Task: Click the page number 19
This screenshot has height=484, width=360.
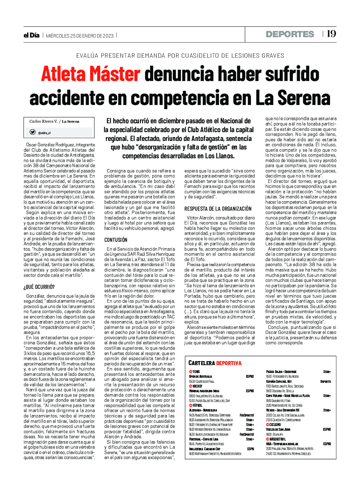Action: point(331,34)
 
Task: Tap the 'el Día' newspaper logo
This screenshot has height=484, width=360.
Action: point(32,35)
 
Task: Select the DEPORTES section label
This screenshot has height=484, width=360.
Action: point(290,34)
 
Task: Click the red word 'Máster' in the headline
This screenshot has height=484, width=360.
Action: point(115,74)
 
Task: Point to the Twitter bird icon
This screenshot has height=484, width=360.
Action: point(32,132)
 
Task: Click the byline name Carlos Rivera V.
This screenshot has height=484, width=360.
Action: point(44,121)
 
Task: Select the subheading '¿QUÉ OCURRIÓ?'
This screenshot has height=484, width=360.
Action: point(39,287)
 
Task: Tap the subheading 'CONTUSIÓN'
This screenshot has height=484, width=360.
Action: point(116,240)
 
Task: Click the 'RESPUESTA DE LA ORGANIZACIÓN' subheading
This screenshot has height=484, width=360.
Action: point(218,209)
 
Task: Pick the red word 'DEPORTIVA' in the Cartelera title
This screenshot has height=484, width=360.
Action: point(229,363)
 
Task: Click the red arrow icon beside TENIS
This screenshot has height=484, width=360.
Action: point(190,372)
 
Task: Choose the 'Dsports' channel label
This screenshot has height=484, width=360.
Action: point(325,382)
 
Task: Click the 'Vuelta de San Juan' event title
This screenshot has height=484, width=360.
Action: point(278,429)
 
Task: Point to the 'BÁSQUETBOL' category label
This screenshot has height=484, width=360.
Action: point(278,439)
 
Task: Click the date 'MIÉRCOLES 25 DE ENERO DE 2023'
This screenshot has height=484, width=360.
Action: point(80,36)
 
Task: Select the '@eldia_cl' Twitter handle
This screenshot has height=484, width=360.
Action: point(44,133)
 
